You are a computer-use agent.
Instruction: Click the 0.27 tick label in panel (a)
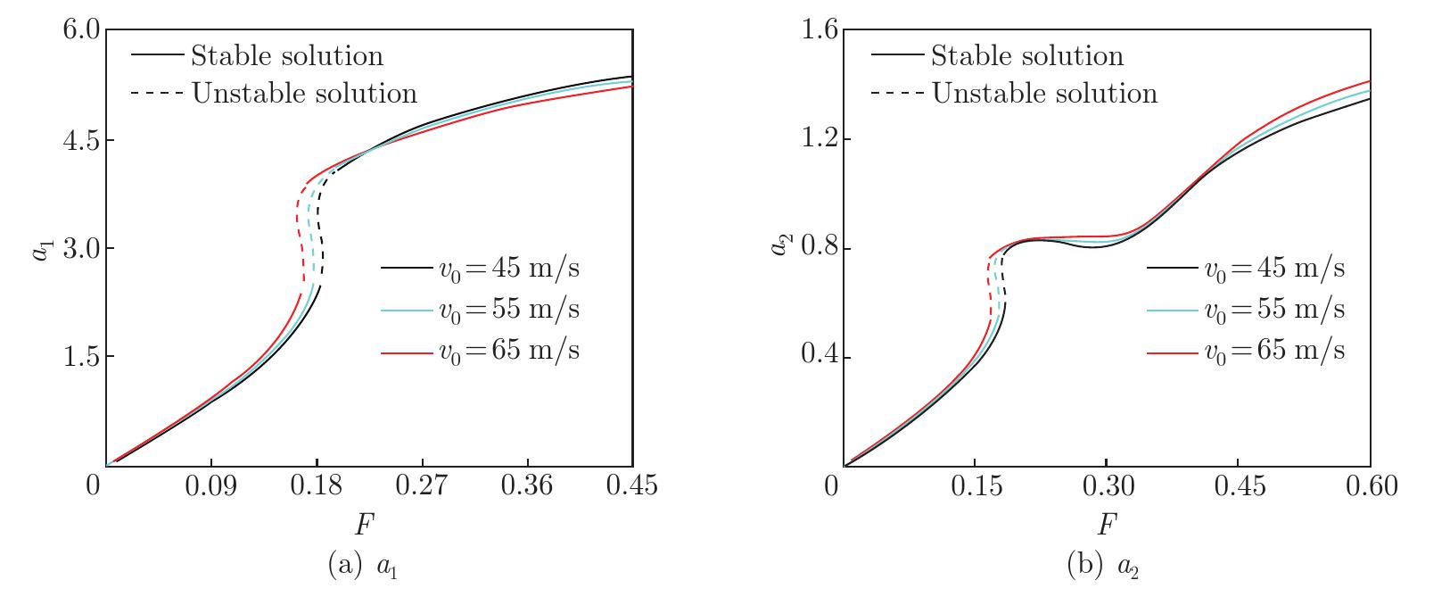(422, 487)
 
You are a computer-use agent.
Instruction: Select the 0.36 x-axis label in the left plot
(527, 487)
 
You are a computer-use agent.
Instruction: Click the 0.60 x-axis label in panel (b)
(1370, 487)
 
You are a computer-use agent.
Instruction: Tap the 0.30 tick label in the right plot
(1106, 487)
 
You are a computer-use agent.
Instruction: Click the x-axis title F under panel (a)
(364, 525)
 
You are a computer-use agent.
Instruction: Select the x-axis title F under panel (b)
(1105, 525)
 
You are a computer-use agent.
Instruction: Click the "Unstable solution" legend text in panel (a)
(304, 93)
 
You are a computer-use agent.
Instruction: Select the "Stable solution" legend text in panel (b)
(1027, 56)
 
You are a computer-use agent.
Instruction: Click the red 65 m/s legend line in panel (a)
(406, 352)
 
